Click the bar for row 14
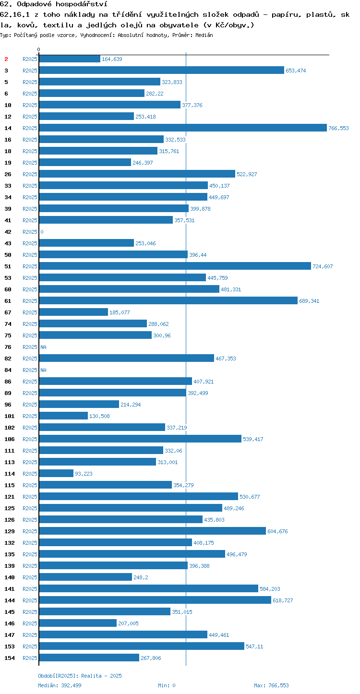click(183, 128)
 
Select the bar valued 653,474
click(161, 70)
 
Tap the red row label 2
click(6, 59)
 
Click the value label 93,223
click(84, 473)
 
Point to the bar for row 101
click(63, 416)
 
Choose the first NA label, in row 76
click(43, 347)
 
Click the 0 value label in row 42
click(42, 232)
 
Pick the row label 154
click(10, 658)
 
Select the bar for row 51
click(175, 266)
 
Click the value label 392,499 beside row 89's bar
click(198, 393)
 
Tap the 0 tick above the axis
click(39, 49)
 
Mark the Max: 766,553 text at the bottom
click(271, 685)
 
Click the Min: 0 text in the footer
click(167, 685)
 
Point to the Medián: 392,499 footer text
click(60, 685)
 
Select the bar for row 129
click(153, 531)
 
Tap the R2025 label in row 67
click(30, 312)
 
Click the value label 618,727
click(283, 600)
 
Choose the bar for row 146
click(78, 623)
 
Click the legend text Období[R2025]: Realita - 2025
click(80, 676)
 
